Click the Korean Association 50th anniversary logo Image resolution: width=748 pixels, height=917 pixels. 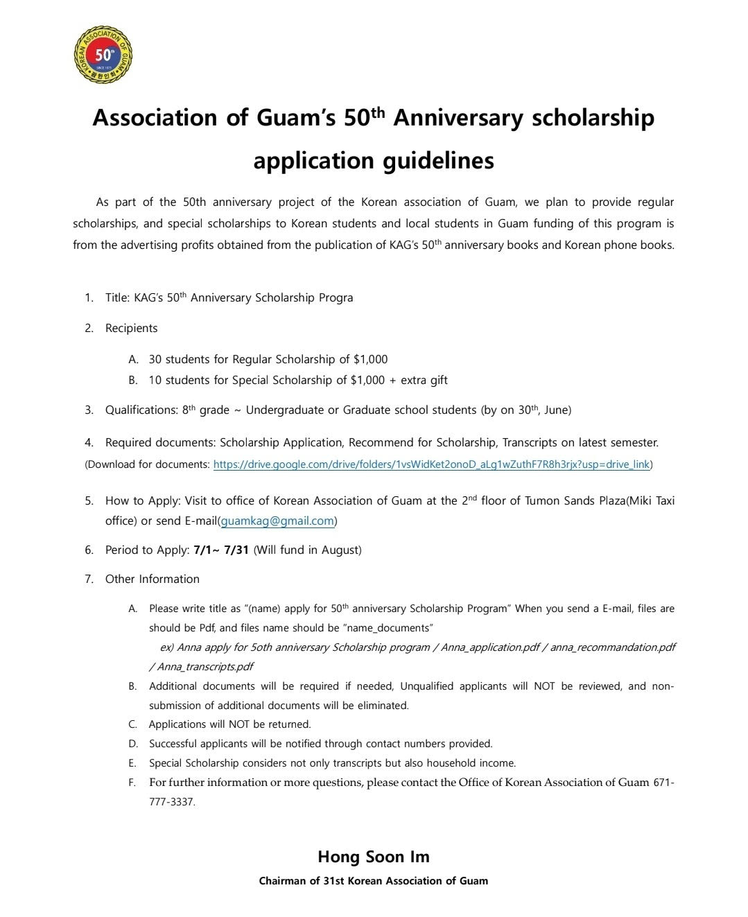[103, 55]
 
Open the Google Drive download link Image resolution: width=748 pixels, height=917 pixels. [431, 464]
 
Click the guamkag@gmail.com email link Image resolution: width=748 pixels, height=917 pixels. [277, 521]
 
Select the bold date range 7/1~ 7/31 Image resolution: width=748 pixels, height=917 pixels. [221, 550]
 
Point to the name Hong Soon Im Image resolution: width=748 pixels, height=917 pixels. [373, 857]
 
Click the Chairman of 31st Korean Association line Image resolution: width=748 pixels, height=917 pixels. [373, 881]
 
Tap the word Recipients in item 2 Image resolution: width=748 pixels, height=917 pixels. [131, 329]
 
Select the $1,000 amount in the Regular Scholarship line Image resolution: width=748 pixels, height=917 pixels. [370, 360]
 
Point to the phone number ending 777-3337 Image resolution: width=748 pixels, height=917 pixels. [172, 802]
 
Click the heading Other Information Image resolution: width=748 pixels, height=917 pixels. [152, 579]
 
